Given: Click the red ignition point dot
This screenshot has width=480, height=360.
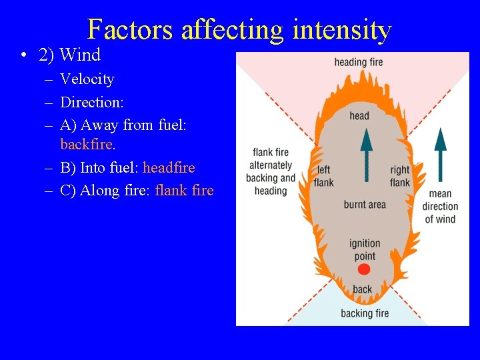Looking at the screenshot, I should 363,269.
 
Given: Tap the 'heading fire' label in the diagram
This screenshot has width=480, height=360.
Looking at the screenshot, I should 359,63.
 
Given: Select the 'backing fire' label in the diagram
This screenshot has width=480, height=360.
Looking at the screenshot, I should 365,313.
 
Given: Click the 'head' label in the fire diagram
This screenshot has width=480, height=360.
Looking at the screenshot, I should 359,116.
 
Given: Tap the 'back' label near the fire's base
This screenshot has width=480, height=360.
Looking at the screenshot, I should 363,289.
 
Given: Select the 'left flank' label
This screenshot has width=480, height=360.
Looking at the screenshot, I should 323,176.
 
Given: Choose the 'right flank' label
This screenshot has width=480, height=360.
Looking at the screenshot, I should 400,176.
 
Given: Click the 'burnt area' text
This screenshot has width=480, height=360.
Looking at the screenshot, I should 365,205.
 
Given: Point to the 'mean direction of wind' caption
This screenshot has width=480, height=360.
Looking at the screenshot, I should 440,207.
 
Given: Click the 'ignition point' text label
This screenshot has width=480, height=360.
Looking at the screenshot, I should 365,250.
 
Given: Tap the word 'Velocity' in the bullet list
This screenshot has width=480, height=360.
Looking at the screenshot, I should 87,79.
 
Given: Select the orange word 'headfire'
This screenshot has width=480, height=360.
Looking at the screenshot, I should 169,167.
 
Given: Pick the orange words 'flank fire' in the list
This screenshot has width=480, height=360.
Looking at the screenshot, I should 184,190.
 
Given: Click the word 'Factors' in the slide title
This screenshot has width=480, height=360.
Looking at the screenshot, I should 130,30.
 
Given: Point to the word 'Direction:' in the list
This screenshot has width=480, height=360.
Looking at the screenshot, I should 92,102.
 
